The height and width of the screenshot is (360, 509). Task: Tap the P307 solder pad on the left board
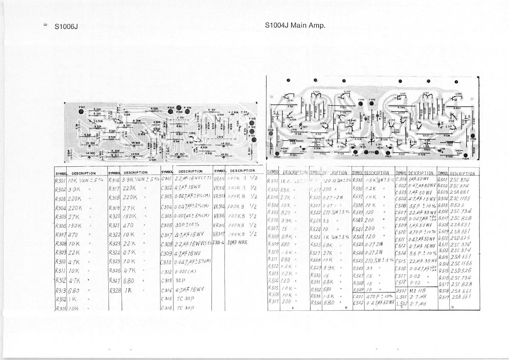(x=81, y=111)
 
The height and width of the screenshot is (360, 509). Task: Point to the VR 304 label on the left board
(x=90, y=143)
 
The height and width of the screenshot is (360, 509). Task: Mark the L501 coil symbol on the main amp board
(x=293, y=141)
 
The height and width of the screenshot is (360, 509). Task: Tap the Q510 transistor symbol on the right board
(x=286, y=97)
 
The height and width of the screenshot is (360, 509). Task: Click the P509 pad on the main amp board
(x=361, y=103)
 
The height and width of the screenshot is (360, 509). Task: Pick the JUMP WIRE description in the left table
(x=237, y=243)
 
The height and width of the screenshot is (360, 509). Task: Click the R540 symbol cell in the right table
(x=358, y=220)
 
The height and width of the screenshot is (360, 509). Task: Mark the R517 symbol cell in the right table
(x=274, y=301)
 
